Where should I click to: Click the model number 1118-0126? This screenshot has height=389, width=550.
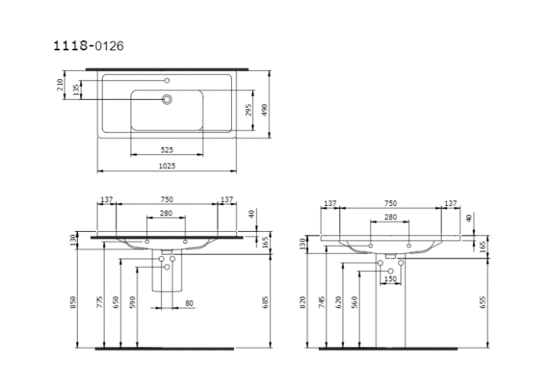[87, 46]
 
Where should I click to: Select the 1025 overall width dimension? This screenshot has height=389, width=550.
[167, 166]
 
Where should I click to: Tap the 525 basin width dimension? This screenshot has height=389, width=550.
[167, 149]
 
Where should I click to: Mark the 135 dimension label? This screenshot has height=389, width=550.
[75, 90]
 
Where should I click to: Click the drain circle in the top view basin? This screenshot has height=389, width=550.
[167, 99]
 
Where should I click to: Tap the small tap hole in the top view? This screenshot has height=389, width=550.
[167, 80]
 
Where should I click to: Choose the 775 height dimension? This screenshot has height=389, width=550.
[100, 302]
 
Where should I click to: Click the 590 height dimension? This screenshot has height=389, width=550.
[133, 302]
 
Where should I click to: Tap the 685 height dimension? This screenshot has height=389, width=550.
[265, 302]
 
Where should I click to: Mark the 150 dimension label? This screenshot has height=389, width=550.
[390, 278]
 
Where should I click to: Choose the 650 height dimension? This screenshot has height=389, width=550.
[116, 302]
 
